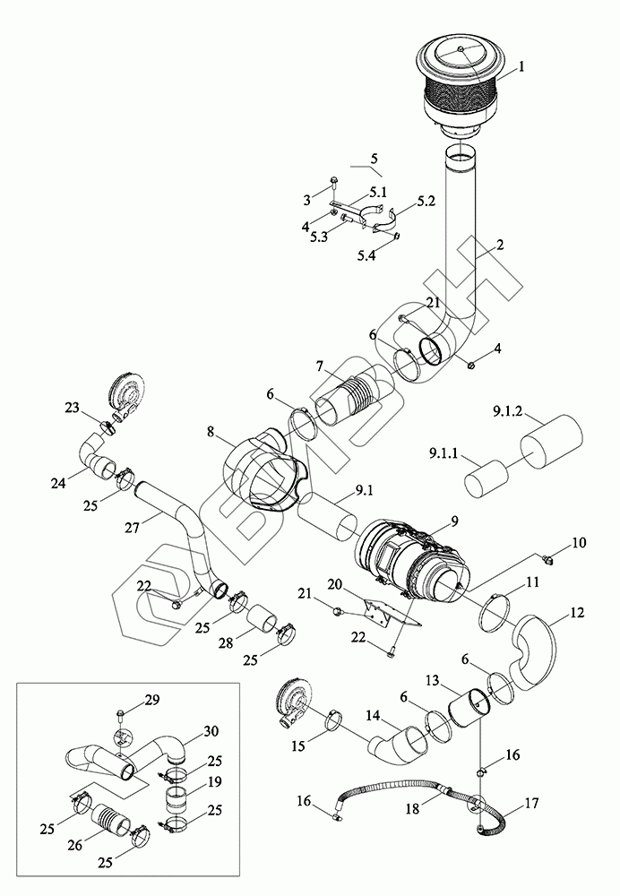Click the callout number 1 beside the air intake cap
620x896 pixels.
[521, 67]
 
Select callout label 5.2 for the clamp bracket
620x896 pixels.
[426, 201]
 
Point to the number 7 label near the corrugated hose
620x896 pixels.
[320, 365]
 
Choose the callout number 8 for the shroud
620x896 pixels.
[211, 432]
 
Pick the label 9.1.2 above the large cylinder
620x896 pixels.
[508, 412]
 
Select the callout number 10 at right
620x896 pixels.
[578, 542]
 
